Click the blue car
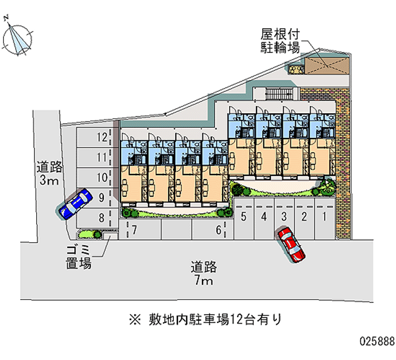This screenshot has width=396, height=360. tap(75, 204)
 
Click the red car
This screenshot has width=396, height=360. tap(291, 244)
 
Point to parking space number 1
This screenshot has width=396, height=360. tap(325, 220)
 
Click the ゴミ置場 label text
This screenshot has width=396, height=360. tap(79, 257)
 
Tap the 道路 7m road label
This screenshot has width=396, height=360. tap(203, 274)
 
